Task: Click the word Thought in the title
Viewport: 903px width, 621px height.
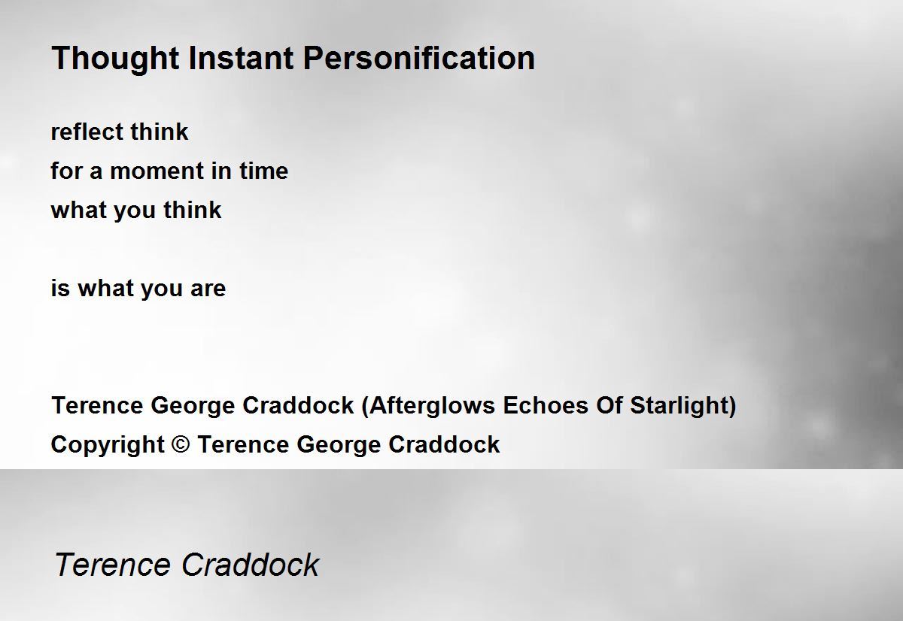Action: coord(115,59)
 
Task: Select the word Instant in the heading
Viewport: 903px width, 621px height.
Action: coord(241,58)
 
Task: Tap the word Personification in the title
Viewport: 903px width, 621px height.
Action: coord(419,59)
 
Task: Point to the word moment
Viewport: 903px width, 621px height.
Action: coord(157,171)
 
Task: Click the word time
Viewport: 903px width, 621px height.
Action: coord(264,171)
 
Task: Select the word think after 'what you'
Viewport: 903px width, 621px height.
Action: coord(193,210)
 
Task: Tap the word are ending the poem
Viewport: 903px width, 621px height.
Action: coord(208,289)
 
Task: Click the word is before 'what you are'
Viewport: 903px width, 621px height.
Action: coord(60,288)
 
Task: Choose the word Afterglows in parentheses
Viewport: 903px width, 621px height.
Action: coord(432,405)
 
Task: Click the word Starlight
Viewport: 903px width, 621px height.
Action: coord(680,405)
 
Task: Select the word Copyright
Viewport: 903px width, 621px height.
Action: coord(108,445)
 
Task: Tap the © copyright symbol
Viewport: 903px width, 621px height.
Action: coord(181,444)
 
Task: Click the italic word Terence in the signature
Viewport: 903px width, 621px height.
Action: coord(112,565)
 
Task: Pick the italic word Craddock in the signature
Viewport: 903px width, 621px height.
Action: coord(251,565)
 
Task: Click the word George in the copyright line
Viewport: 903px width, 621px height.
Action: coord(339,445)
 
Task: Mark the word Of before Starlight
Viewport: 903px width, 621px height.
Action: coord(609,405)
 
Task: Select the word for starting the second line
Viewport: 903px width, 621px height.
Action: coord(66,171)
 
